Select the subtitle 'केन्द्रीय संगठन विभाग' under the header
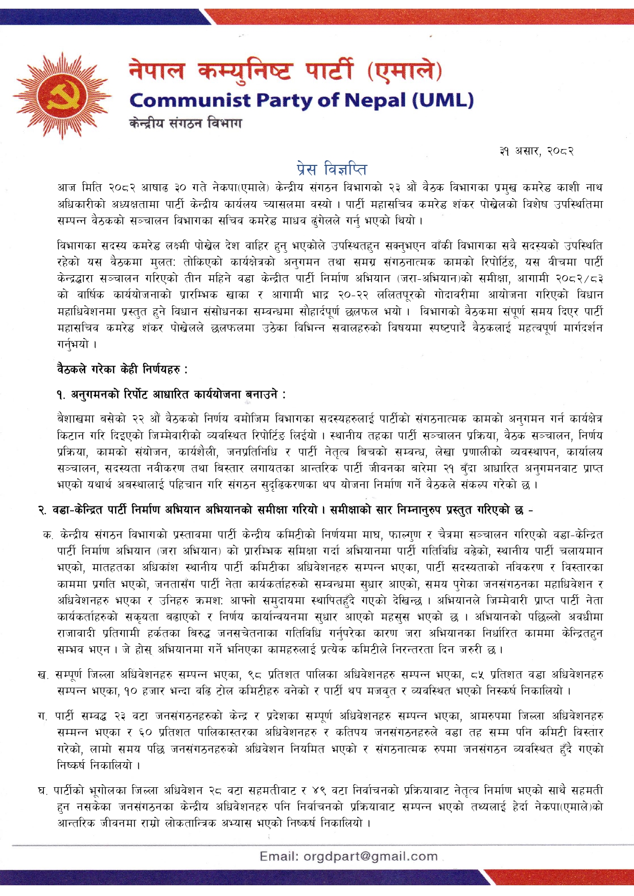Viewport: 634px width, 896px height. click(185, 123)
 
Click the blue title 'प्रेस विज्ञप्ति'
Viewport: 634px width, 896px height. click(332, 168)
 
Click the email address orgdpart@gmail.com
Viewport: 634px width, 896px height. click(370, 856)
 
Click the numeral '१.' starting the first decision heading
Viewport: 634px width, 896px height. click(61, 394)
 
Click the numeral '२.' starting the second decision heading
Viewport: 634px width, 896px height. click(42, 510)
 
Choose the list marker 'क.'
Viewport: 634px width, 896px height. click(49, 535)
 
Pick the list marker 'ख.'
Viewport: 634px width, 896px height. click(43, 675)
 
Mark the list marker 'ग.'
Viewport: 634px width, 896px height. click(43, 716)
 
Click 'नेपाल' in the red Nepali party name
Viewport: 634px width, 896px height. click(156, 70)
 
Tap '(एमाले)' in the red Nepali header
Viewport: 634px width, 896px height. click(404, 70)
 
